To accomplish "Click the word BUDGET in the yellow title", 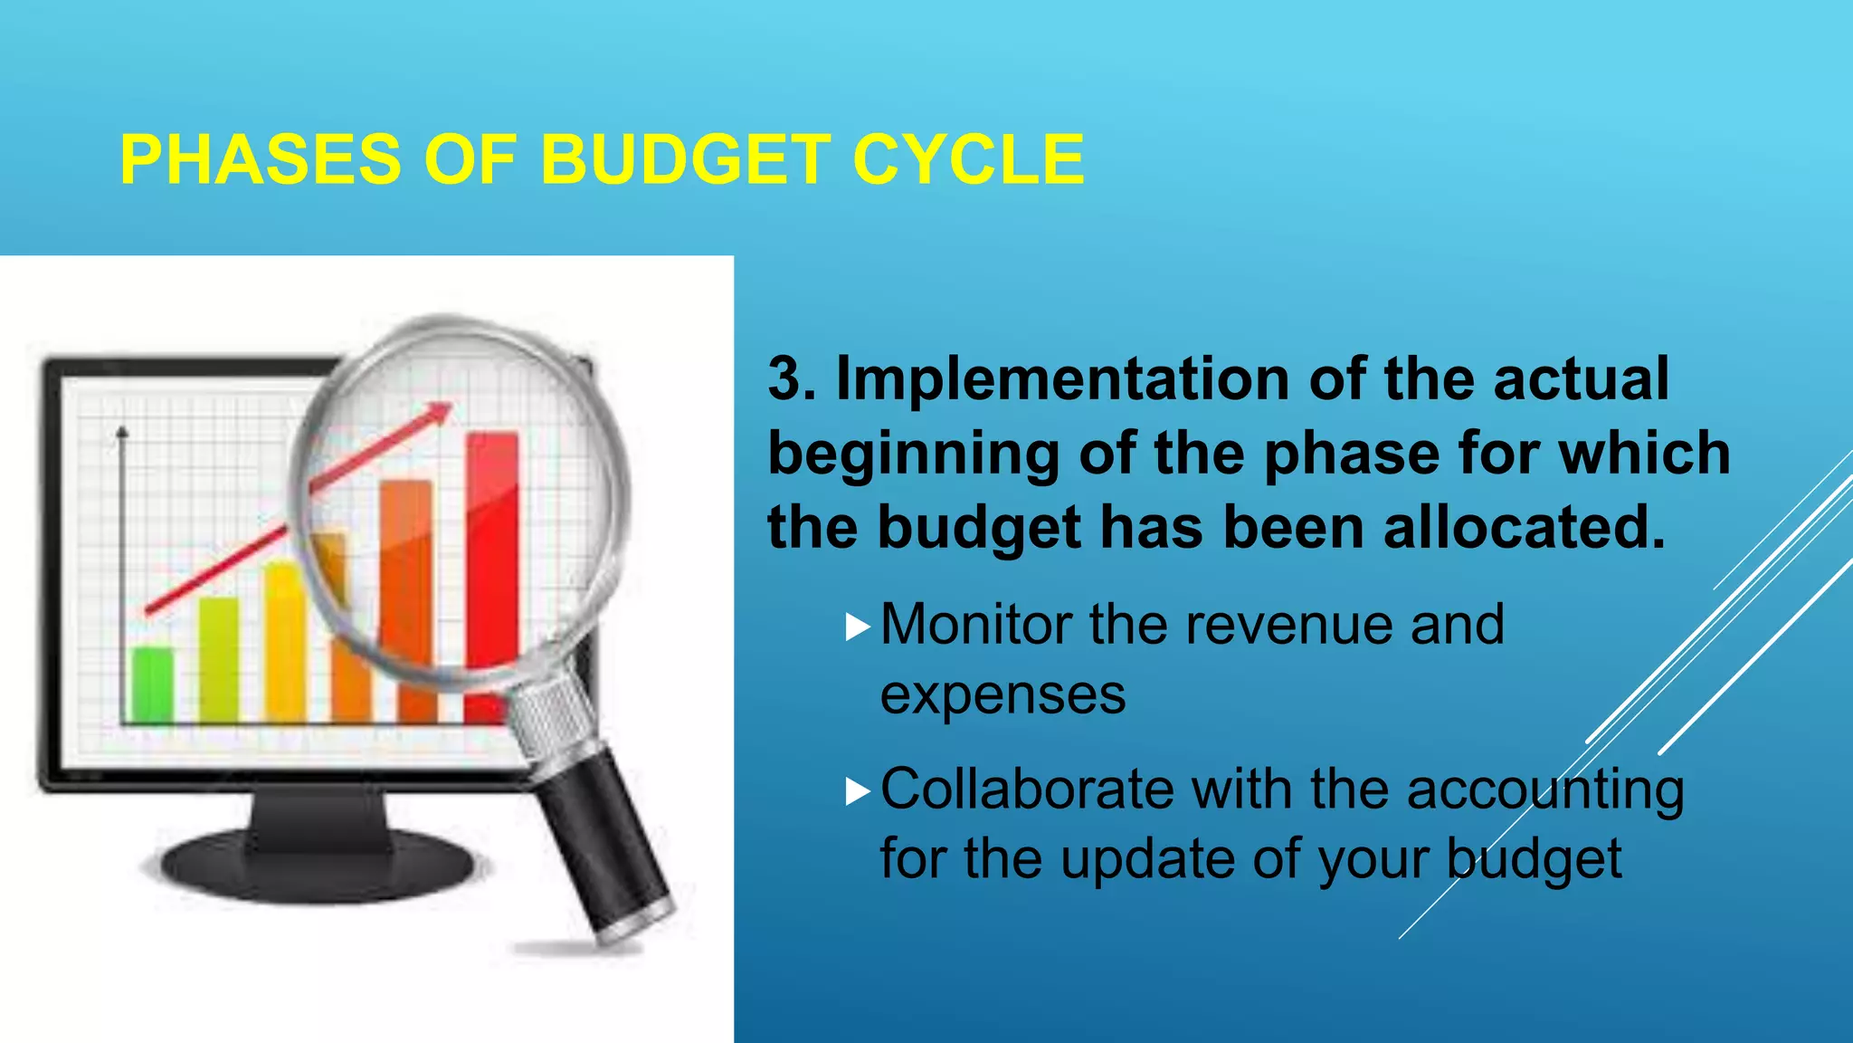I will (x=685, y=159).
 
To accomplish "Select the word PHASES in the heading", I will (x=260, y=159).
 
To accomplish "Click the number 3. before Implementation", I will (x=791, y=378).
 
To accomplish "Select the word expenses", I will (x=1003, y=695).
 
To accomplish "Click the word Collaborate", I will (x=1026, y=789).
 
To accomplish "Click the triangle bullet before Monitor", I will (x=857, y=627).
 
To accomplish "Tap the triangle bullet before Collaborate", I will (x=857, y=791).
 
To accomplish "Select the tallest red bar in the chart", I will (x=492, y=561).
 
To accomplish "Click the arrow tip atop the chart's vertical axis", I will (x=122, y=432).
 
